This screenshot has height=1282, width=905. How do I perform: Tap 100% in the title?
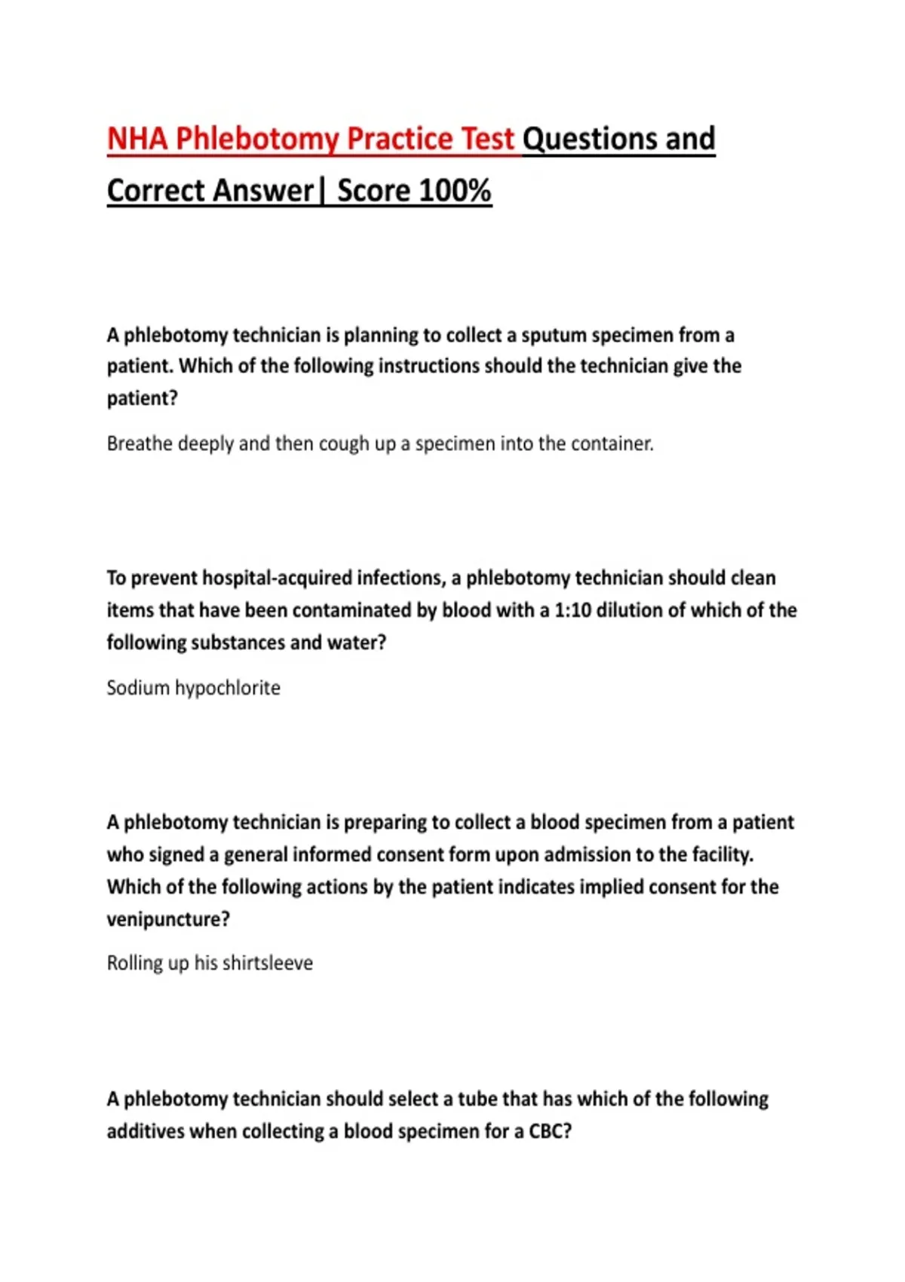click(x=455, y=191)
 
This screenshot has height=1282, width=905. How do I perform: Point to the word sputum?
click(x=554, y=335)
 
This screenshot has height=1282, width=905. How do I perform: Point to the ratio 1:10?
click(x=572, y=610)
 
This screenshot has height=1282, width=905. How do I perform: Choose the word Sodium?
click(x=138, y=688)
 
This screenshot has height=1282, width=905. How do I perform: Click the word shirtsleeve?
click(x=268, y=963)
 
